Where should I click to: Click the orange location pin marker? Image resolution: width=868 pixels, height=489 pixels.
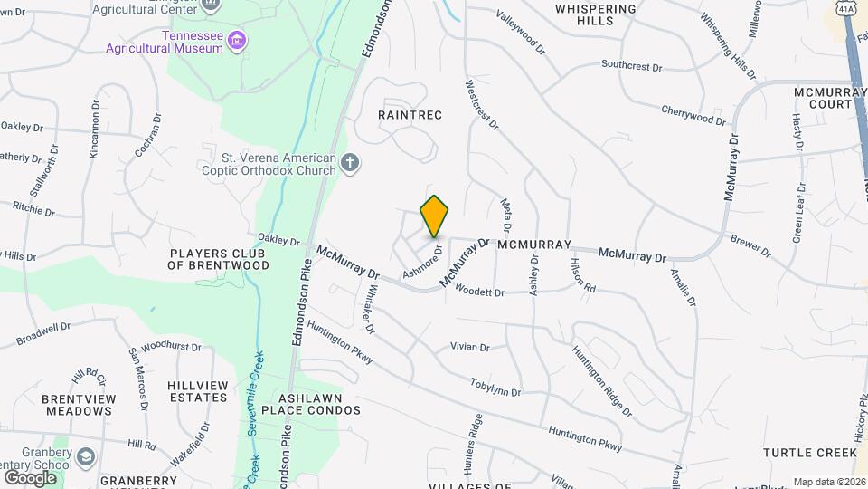tap(435, 216)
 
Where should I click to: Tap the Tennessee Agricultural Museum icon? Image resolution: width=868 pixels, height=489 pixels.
tap(237, 40)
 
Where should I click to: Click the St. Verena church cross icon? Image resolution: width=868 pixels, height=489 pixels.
tap(350, 163)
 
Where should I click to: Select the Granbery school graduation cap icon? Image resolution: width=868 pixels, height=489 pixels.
tap(86, 455)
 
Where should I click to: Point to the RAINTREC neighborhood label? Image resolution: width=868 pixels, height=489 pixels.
tap(410, 115)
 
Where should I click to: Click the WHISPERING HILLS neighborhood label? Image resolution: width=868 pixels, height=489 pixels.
tap(596, 14)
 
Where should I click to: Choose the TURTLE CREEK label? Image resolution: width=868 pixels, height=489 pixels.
tap(809, 452)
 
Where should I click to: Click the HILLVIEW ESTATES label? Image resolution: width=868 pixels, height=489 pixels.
tap(198, 391)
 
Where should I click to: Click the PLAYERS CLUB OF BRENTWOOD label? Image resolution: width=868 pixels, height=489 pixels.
tap(219, 259)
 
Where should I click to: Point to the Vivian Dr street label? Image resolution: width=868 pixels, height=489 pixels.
tap(470, 347)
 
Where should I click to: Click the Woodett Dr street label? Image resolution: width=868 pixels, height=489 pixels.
tap(479, 292)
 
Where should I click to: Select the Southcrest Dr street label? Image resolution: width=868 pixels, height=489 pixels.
tap(632, 65)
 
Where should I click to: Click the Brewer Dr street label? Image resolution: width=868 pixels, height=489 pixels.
tap(750, 245)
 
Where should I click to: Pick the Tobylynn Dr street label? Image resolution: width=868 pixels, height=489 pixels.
tap(495, 388)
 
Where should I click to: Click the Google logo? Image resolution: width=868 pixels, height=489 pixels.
tap(30, 477)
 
